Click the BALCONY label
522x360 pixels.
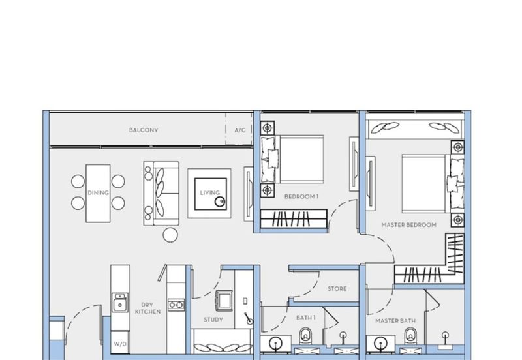[144, 130]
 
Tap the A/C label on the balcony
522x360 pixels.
[240, 130]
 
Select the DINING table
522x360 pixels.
[98, 193]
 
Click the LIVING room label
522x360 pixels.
[209, 192]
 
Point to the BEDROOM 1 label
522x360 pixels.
[301, 197]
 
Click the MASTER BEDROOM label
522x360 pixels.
[409, 225]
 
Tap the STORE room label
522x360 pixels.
[337, 288]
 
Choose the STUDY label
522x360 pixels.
[213, 320]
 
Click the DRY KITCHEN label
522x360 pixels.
[147, 308]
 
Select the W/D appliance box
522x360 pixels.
[120, 342]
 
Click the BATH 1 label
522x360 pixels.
[305, 318]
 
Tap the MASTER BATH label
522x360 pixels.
[395, 321]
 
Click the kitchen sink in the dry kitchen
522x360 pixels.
[120, 303]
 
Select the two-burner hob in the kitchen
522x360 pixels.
[176, 305]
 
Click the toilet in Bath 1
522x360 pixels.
[305, 336]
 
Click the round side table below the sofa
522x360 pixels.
[170, 235]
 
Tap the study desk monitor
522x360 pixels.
[224, 300]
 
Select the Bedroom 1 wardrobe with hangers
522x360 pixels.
[294, 219]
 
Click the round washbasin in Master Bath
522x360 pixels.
[380, 344]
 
